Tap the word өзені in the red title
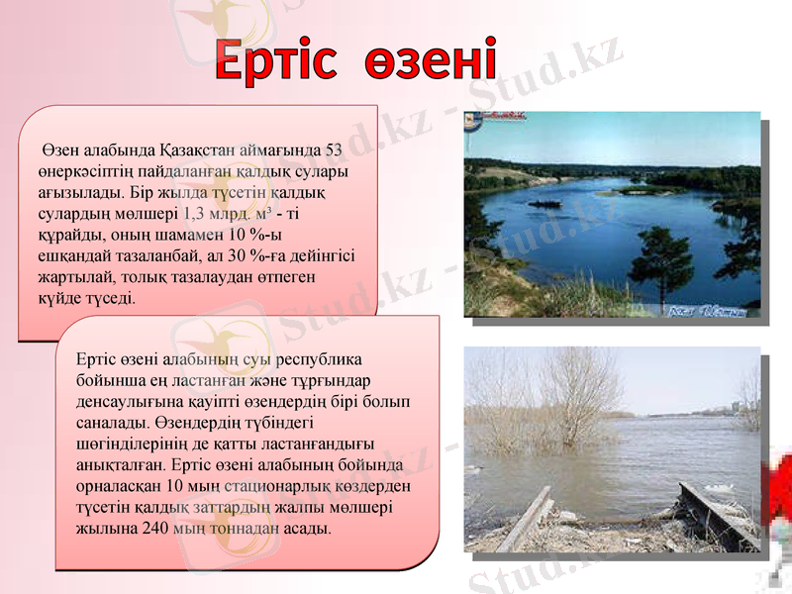(430, 61)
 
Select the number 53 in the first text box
(334, 151)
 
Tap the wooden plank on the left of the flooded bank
(524, 518)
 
